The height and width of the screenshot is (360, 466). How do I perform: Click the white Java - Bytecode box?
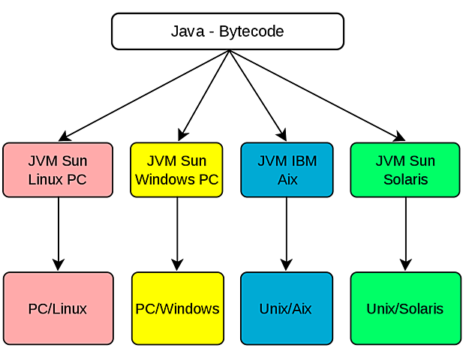click(227, 31)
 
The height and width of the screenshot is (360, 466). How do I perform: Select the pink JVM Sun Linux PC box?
click(58, 170)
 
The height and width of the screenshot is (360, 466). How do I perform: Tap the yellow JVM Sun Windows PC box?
click(176, 170)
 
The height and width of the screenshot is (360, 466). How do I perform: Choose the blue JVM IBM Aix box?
click(287, 170)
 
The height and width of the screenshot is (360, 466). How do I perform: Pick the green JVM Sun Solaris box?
click(404, 170)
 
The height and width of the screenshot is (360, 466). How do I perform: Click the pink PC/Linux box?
click(58, 309)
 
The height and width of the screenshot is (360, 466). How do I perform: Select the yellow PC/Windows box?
click(177, 309)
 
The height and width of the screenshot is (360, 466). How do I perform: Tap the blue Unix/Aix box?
click(287, 309)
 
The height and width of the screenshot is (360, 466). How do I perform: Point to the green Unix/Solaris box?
click(405, 309)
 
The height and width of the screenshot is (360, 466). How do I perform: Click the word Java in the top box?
click(185, 32)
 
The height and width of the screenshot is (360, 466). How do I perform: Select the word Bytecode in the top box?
click(251, 32)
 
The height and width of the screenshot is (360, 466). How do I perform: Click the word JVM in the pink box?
click(43, 161)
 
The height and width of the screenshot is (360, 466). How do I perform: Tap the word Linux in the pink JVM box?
click(46, 180)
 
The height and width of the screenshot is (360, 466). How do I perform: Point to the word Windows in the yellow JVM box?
click(166, 180)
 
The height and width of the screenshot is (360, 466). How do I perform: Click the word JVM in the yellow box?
click(161, 161)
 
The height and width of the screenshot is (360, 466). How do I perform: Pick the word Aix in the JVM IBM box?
click(287, 180)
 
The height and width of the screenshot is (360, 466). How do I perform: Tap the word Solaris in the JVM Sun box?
click(405, 180)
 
